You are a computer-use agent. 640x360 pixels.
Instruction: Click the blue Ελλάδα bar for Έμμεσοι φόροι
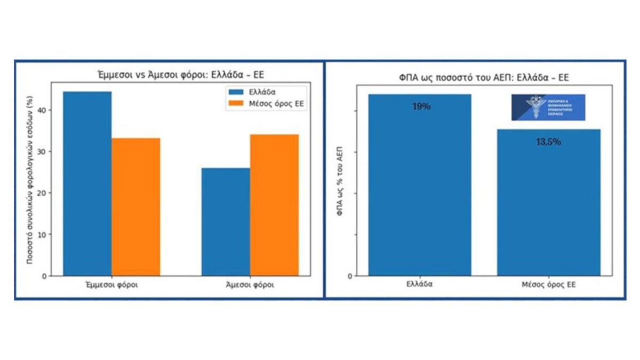[x=87, y=183]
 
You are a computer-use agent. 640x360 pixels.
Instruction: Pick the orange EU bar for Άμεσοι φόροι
[x=274, y=205]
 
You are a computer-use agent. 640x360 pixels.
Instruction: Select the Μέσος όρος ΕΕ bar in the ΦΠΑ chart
[x=548, y=203]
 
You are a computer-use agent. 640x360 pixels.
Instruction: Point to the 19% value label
[x=421, y=107]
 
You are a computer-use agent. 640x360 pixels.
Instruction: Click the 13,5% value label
[x=548, y=142]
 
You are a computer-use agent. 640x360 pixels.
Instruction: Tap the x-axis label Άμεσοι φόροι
[x=250, y=285]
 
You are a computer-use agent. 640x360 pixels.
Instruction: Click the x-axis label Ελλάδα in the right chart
[x=419, y=285]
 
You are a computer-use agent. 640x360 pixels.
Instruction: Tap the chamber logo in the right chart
[x=548, y=107]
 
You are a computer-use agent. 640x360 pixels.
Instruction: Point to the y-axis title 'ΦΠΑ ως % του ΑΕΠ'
[x=340, y=179]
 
